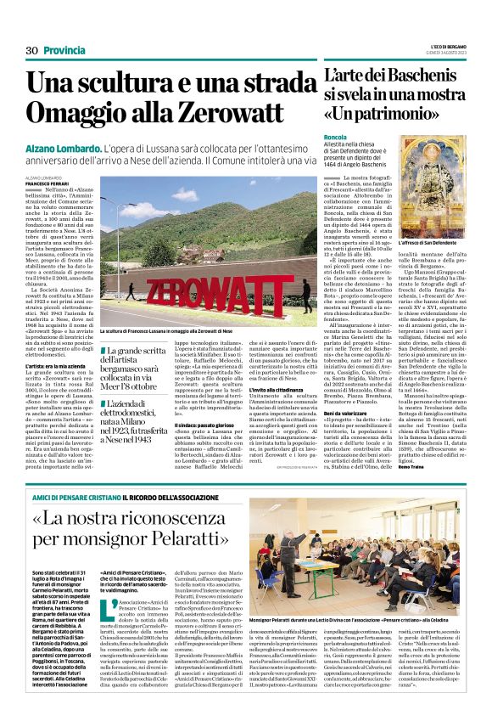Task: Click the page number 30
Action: coord(32,51)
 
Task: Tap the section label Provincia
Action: coord(64,51)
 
